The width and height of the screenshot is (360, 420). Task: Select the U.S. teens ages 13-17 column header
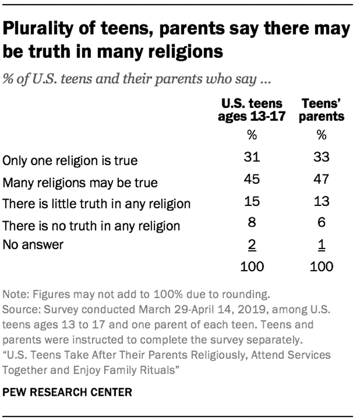(x=251, y=110)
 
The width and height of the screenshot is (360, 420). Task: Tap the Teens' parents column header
(x=321, y=110)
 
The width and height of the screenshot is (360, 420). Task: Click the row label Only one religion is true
(x=70, y=161)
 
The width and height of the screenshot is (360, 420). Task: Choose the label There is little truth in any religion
(x=97, y=204)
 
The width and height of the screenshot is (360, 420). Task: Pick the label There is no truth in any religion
(x=92, y=225)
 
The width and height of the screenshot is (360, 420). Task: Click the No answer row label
(x=33, y=245)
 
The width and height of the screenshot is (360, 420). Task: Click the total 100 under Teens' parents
(x=321, y=266)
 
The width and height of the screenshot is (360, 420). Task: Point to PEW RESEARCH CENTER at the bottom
(x=67, y=392)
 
